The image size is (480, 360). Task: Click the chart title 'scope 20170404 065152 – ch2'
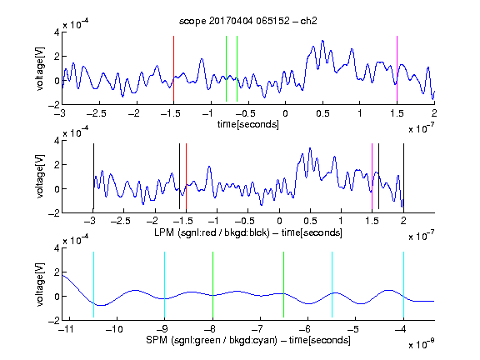[x=248, y=21]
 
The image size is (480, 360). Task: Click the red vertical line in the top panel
[x=173, y=68]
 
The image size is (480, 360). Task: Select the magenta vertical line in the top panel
[x=397, y=68]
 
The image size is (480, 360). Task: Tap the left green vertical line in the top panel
[x=226, y=68]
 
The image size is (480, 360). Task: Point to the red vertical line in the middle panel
[x=186, y=177]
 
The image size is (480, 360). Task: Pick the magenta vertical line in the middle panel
[x=372, y=177]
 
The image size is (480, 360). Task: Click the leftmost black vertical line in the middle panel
[x=93, y=177]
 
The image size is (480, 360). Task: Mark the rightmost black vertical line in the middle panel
[x=403, y=177]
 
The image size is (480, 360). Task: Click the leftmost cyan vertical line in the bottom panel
[x=93, y=284]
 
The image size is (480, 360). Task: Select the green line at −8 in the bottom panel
[x=212, y=284]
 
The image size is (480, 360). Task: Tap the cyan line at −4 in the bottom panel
[x=403, y=284]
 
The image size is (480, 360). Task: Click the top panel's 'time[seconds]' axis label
[x=248, y=125]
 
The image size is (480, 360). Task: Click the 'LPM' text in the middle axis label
[x=164, y=232]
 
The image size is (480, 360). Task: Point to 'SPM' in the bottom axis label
[x=157, y=340]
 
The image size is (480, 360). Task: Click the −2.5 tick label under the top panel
[x=96, y=113]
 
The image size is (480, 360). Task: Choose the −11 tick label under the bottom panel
[x=67, y=329]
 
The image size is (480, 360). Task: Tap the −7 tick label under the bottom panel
[x=260, y=329]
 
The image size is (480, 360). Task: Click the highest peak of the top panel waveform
[x=322, y=40]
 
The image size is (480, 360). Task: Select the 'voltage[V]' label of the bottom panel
[x=40, y=284]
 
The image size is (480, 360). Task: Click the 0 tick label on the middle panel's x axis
[x=279, y=221]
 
